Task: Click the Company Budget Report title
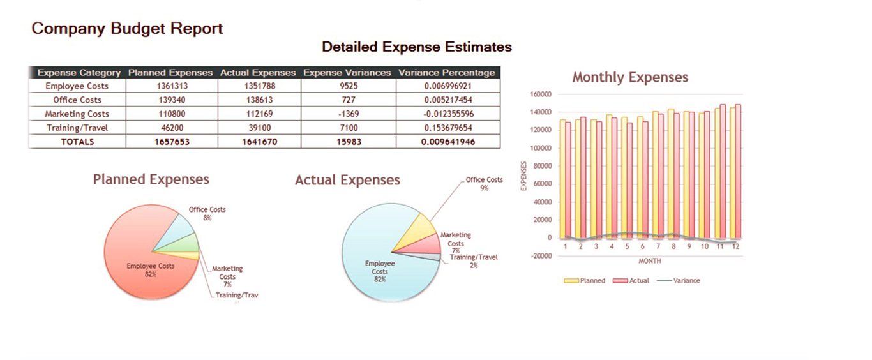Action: (128, 29)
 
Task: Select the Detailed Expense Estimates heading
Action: (416, 47)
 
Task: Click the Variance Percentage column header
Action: (446, 73)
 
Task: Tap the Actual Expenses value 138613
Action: (259, 100)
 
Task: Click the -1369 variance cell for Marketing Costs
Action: (348, 114)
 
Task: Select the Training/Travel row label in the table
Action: (77, 128)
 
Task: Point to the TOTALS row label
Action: (77, 142)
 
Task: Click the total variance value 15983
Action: (348, 142)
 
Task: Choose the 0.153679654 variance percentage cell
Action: (447, 128)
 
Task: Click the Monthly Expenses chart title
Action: (630, 78)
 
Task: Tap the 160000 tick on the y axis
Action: (540, 94)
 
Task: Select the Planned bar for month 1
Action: (562, 179)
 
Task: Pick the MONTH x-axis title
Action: (650, 261)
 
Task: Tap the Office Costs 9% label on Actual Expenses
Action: (484, 184)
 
